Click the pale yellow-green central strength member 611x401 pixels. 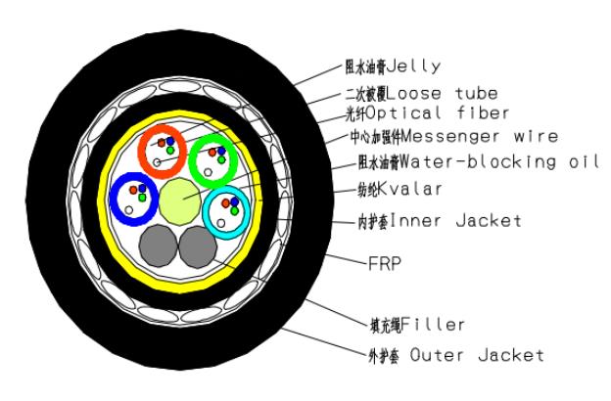[179, 199]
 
